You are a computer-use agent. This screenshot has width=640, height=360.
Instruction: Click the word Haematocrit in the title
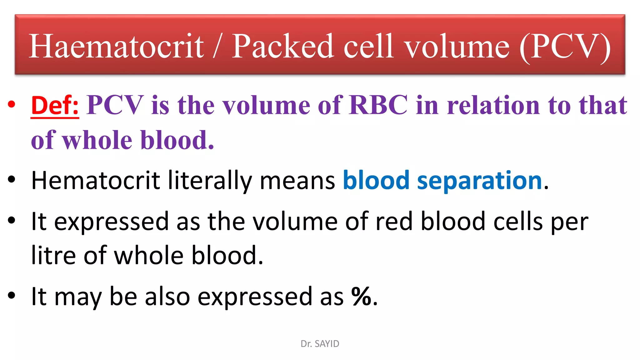(116, 46)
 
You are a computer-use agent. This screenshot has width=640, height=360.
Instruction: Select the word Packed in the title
(282, 46)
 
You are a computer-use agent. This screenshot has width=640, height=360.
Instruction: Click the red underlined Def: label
(55, 105)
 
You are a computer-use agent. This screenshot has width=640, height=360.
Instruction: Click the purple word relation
(493, 105)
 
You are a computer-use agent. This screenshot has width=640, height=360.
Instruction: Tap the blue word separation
(479, 180)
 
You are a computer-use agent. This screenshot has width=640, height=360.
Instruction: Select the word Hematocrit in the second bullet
(96, 180)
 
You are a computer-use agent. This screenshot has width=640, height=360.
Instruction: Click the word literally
(210, 181)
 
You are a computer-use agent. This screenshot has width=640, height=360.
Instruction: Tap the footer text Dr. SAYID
(320, 344)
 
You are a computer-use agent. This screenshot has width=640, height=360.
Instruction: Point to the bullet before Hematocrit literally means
(12, 180)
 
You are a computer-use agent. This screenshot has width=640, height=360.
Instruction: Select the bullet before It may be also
(12, 295)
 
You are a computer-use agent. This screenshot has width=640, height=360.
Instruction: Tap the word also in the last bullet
(167, 296)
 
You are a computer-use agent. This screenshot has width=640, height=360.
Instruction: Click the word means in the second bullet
(297, 181)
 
